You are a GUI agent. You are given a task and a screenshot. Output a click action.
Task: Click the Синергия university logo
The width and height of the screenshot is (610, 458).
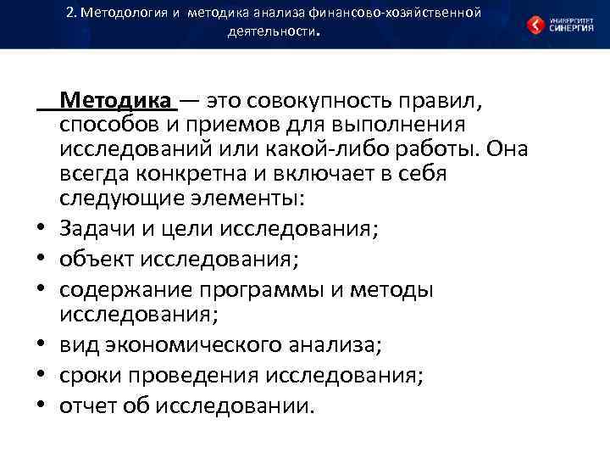click(558, 25)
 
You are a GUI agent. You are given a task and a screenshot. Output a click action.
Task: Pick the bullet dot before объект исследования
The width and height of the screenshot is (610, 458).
click(40, 256)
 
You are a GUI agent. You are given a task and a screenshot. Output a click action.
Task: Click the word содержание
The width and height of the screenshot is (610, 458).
click(122, 290)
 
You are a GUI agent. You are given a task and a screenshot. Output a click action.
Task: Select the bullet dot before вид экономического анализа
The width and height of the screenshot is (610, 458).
click(40, 344)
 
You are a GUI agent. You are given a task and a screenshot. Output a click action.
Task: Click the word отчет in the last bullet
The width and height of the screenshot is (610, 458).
click(88, 405)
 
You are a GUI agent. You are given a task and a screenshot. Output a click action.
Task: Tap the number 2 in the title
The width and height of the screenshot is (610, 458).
click(69, 13)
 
